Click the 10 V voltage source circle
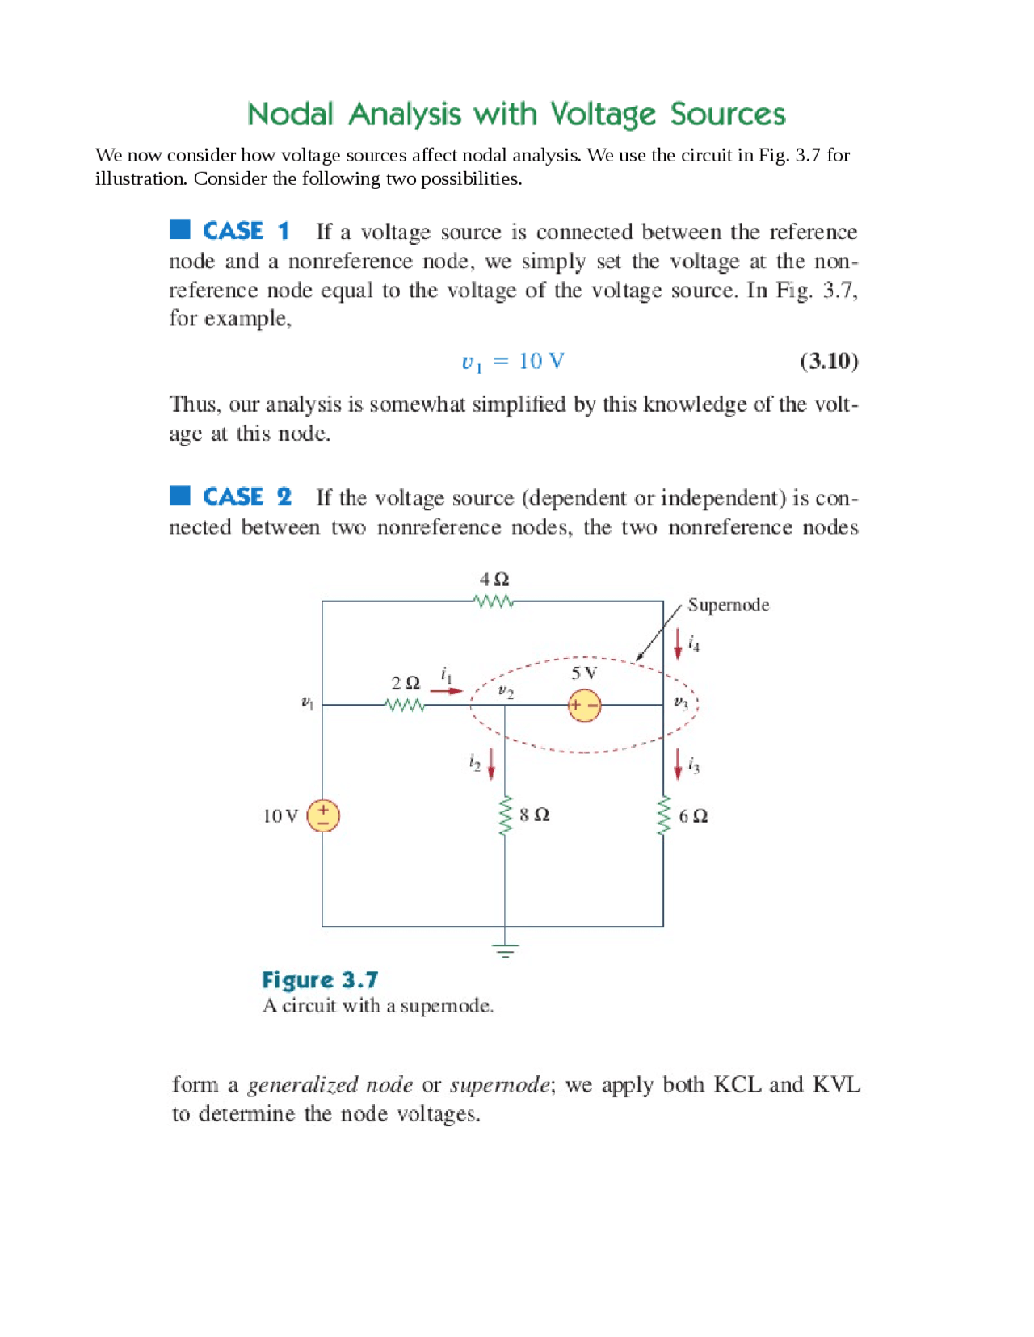coord(323,815)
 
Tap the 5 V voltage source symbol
coord(584,706)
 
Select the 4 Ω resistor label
coord(494,579)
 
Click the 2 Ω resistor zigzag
coord(406,706)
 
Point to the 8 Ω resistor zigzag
coord(506,815)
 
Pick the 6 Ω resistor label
coord(693,816)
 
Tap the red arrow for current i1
coord(446,691)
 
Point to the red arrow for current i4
coord(678,643)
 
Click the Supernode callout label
coord(728,606)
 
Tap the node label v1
coord(307,703)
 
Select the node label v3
coord(681,703)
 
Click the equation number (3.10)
coord(829,361)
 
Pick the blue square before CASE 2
coord(180,495)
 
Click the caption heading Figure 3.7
coord(320,980)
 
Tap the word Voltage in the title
coord(603,115)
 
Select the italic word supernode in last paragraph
coord(499,1085)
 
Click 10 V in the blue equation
coord(541,361)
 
